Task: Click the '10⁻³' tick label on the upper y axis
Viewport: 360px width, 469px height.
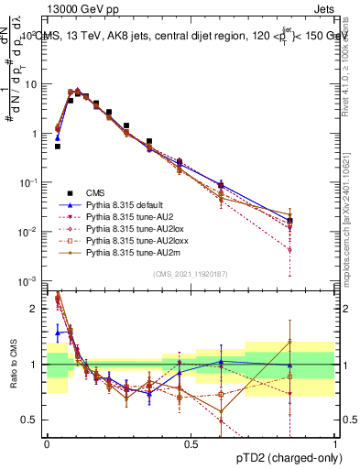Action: pyautogui.click(x=27, y=281)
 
